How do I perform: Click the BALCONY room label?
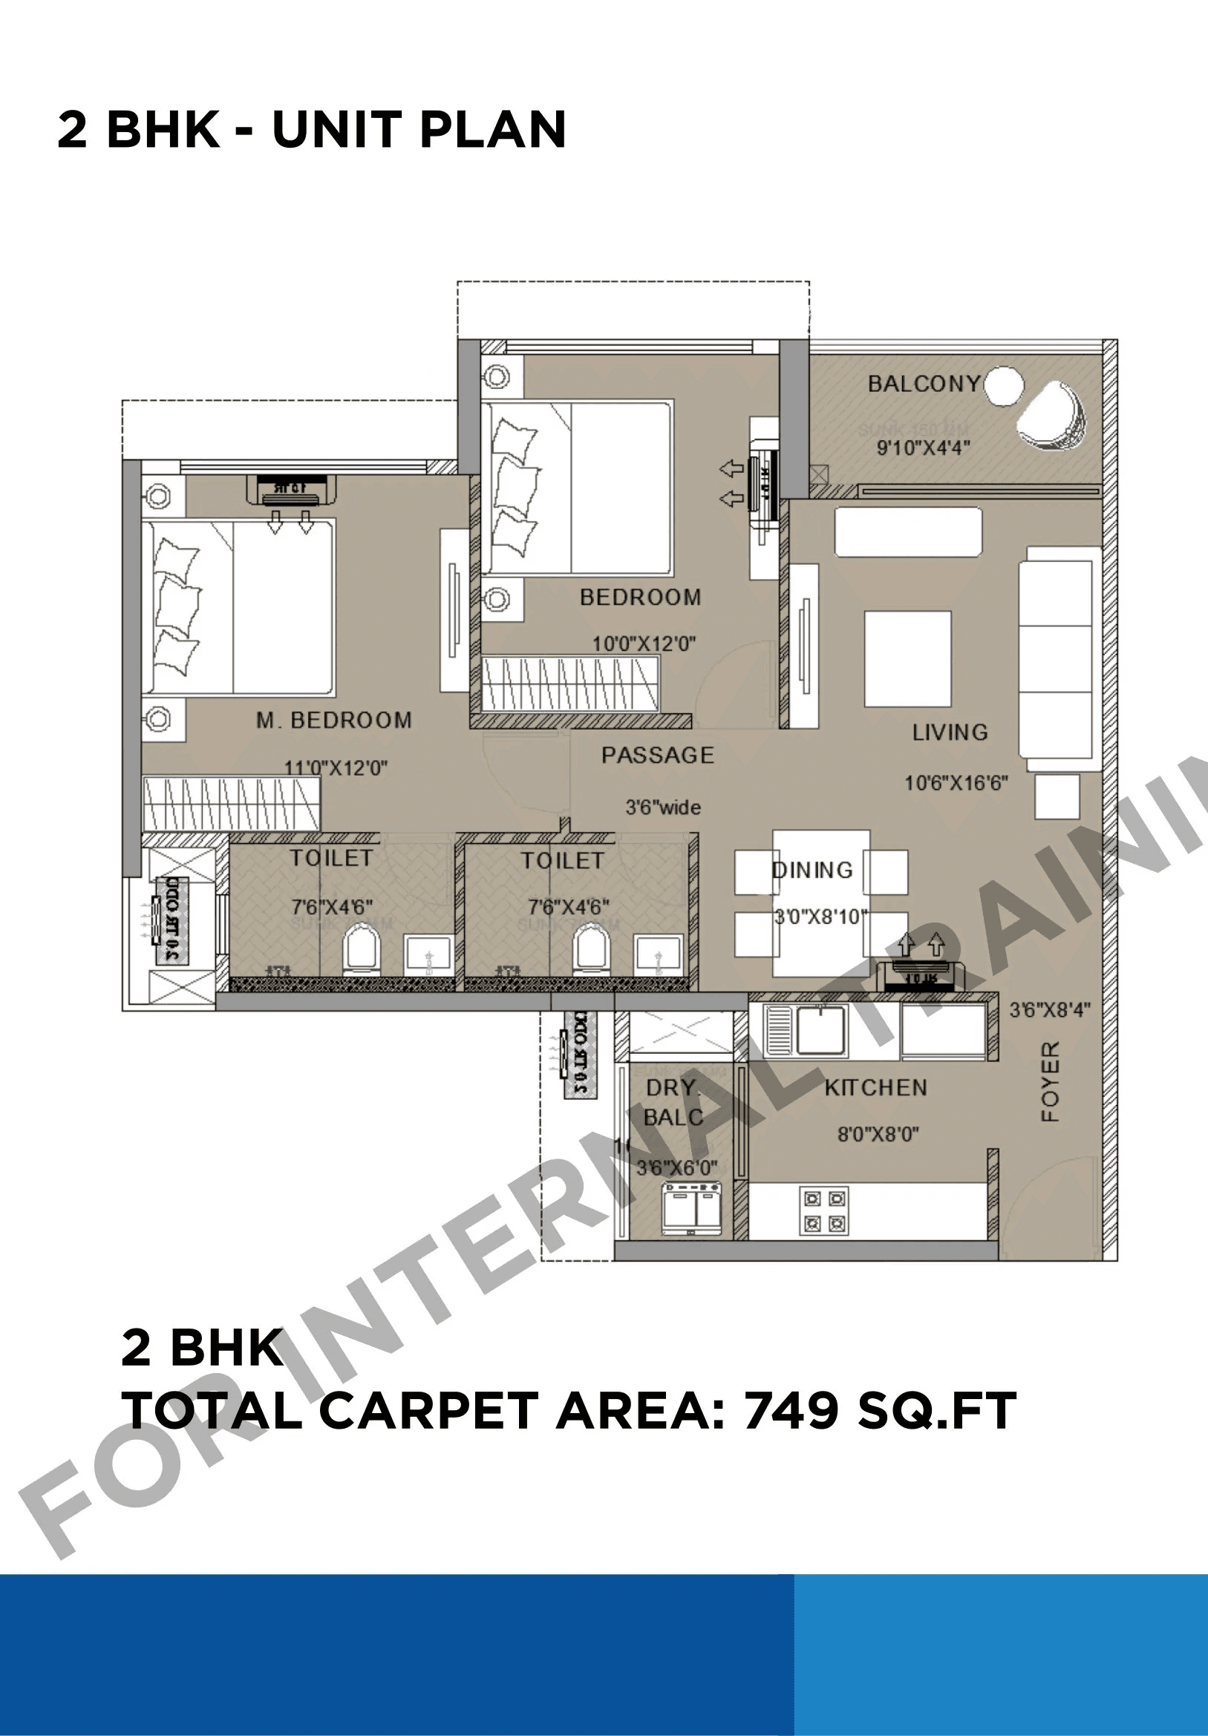click(923, 384)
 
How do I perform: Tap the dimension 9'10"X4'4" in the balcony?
click(923, 448)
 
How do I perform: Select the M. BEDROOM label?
click(333, 720)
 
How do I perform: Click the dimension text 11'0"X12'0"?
click(335, 767)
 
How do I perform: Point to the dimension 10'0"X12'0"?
click(643, 643)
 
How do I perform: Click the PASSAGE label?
click(657, 755)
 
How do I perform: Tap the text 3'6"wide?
click(662, 808)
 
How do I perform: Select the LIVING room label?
click(950, 732)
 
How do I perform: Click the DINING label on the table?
click(812, 870)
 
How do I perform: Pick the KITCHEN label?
click(875, 1087)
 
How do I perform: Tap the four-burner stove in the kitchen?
click(823, 1210)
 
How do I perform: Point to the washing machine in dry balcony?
click(690, 1208)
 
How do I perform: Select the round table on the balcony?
click(1004, 386)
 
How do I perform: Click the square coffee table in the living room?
click(908, 658)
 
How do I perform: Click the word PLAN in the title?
click(492, 129)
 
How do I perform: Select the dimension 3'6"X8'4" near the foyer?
click(1050, 1009)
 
